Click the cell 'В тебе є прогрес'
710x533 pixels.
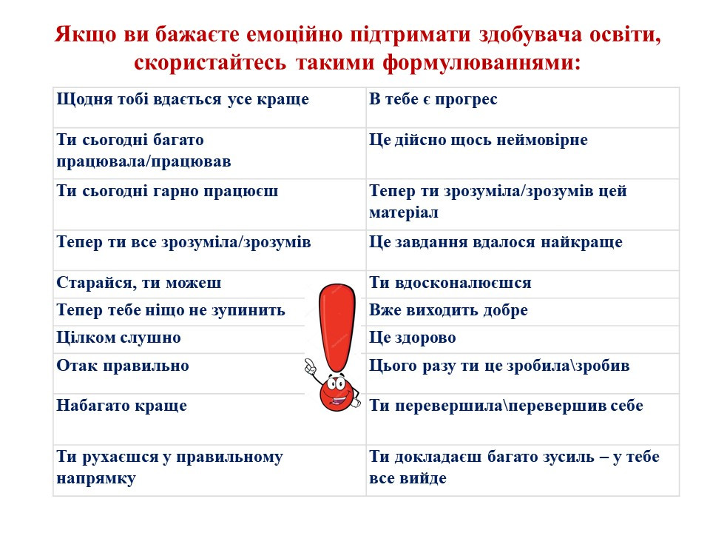523,107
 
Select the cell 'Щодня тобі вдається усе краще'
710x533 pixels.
209,107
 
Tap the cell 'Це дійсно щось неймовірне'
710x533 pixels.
523,153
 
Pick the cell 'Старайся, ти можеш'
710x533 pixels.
209,284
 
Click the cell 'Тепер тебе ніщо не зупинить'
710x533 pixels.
209,312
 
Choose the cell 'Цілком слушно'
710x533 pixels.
209,340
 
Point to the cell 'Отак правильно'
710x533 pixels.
209,373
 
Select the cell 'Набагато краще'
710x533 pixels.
209,419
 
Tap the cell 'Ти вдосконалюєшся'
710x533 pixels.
523,284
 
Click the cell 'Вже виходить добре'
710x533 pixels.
523,312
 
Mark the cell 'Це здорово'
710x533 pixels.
523,340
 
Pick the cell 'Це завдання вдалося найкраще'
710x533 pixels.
523,250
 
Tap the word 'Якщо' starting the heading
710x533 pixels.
86,35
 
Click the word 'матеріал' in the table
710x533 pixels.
404,212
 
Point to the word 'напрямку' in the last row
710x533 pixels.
96,479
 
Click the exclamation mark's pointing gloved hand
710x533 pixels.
311,366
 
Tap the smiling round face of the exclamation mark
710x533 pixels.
336,392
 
